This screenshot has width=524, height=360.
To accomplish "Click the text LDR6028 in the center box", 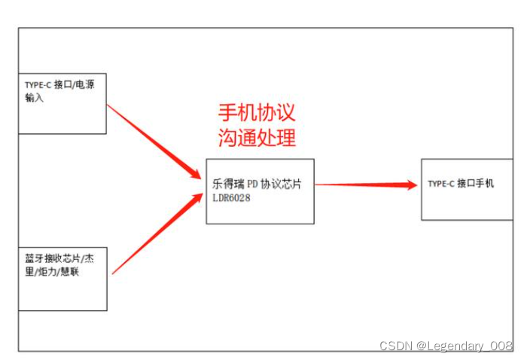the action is click(x=231, y=197).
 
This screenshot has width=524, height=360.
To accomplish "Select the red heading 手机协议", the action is click(x=257, y=113).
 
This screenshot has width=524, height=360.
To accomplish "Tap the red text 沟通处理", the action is click(x=257, y=138).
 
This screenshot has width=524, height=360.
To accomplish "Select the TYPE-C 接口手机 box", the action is click(x=466, y=189).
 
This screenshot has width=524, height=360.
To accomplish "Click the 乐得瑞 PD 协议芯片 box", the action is click(x=260, y=191).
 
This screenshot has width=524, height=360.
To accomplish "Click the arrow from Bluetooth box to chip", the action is click(x=154, y=233).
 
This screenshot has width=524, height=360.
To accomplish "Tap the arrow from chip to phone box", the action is click(x=361, y=185).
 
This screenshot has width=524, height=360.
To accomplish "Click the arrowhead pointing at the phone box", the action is click(x=410, y=185).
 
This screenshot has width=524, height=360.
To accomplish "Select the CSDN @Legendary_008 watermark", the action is click(x=446, y=346).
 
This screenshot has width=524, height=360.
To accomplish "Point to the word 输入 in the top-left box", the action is click(x=35, y=97).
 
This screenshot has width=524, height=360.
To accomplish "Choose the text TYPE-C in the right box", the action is click(x=440, y=184).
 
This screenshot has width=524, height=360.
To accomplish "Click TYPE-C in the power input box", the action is click(x=37, y=85).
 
